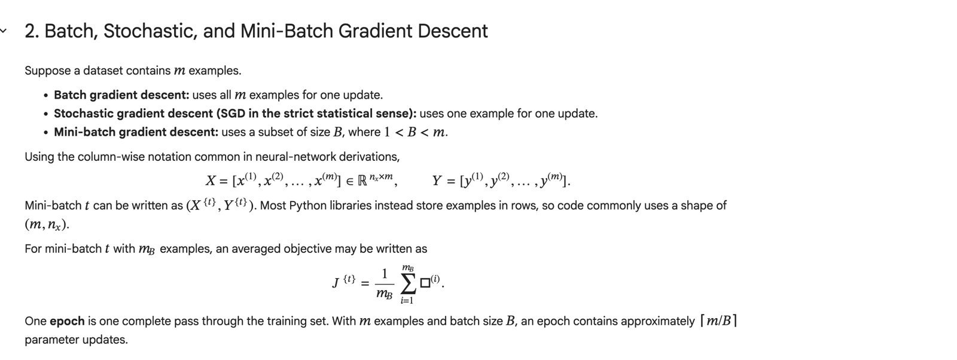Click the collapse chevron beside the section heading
coord(4,30)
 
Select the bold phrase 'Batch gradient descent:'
coord(121,95)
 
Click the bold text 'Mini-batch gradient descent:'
coord(136,132)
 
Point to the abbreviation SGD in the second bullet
coord(231,114)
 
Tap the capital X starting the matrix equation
coord(210,181)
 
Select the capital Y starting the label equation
coord(437,181)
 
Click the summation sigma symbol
coord(408,283)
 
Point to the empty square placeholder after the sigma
coord(425,283)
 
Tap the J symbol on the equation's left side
coord(336,283)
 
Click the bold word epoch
coord(67,321)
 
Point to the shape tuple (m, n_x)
coord(47,225)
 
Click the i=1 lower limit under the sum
coord(407,301)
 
